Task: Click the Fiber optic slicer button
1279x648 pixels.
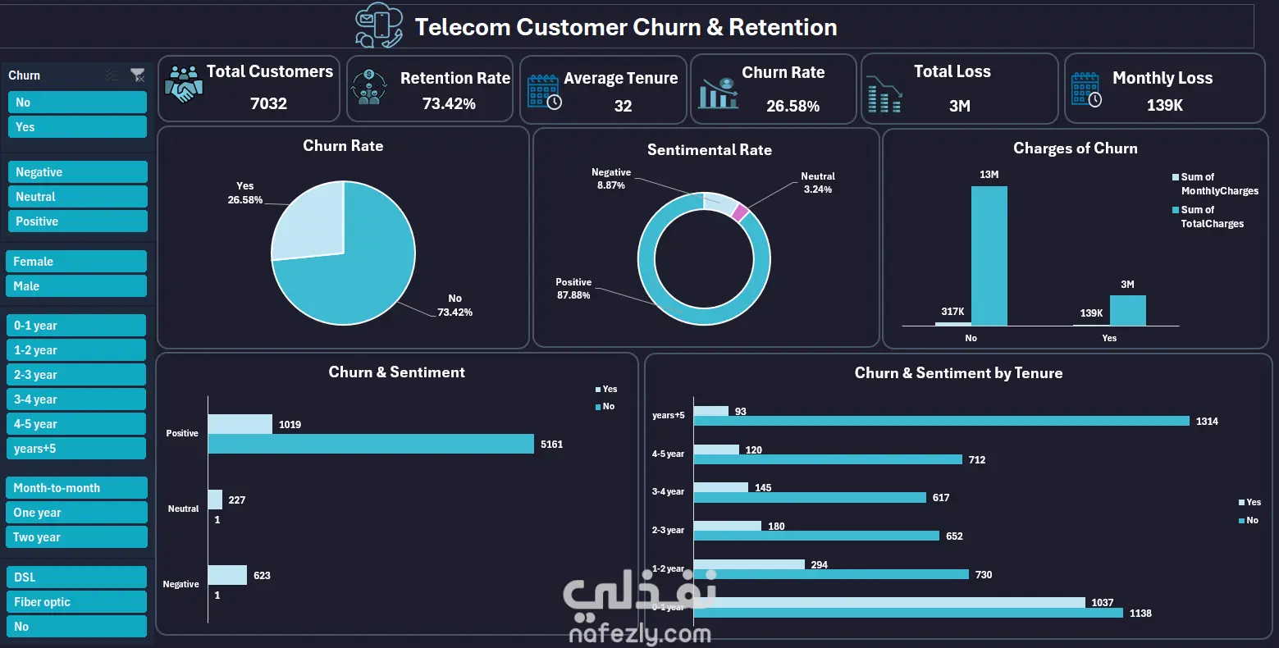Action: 76,602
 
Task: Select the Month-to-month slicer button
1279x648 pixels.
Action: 76,488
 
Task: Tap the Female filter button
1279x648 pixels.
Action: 76,262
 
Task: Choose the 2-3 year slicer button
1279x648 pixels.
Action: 76,375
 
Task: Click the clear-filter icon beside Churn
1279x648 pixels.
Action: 138,75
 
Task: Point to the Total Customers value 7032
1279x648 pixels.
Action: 268,103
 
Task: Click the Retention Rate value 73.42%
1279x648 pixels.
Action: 449,104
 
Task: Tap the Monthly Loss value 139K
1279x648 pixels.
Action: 1164,105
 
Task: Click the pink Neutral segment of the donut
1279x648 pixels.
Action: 739,212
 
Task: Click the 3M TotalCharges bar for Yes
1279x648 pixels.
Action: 1127,310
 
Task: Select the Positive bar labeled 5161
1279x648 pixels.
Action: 371,444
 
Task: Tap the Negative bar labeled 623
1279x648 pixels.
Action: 227,575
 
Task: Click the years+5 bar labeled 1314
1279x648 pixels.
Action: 941,421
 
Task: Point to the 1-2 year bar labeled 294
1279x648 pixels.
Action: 749,564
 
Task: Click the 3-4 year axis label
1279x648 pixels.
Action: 668,492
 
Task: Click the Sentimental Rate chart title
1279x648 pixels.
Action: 709,150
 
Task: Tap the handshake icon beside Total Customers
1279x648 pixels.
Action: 184,84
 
